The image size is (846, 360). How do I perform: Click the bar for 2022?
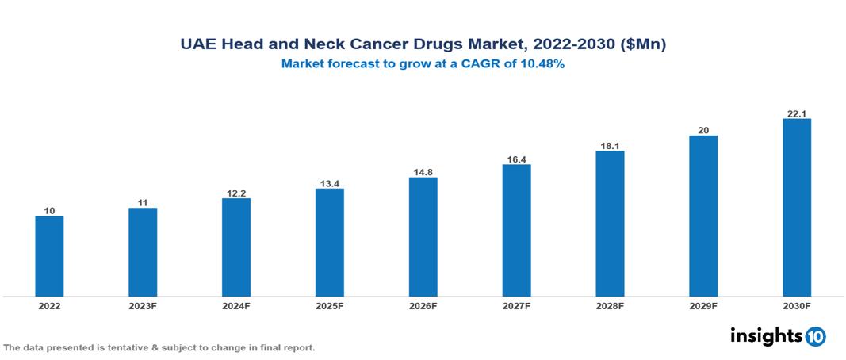click(x=49, y=256)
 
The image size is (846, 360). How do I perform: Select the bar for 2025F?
click(x=329, y=243)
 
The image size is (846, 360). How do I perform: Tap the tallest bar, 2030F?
click(x=796, y=208)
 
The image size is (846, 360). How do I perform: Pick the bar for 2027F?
click(x=516, y=231)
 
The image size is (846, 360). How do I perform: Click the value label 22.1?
click(x=796, y=113)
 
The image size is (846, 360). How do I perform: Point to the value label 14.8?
click(x=423, y=171)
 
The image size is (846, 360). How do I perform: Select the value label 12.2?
click(x=235, y=192)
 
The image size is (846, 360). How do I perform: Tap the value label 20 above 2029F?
click(x=703, y=129)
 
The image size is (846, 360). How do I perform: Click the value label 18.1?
click(x=610, y=144)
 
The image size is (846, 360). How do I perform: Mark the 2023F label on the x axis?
click(x=143, y=305)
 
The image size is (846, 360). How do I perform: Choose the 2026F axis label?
click(x=423, y=305)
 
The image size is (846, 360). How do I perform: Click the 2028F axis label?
click(x=610, y=305)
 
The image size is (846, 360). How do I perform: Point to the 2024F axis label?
click(x=235, y=305)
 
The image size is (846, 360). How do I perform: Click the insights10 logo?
click(x=777, y=336)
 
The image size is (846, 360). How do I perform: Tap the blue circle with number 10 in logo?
click(x=815, y=336)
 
